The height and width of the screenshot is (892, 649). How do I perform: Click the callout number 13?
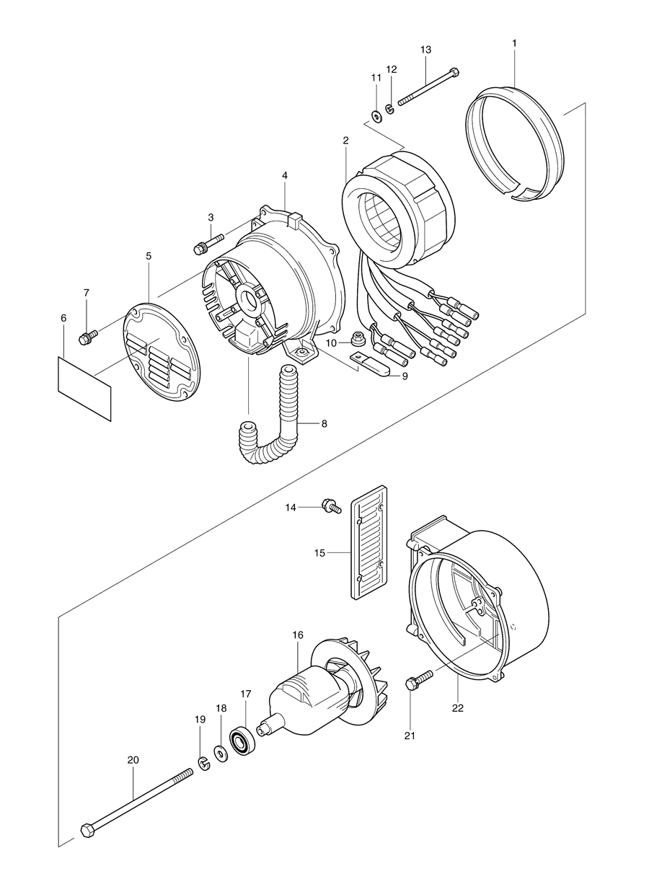425,49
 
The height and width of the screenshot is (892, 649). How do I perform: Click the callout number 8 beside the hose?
324,423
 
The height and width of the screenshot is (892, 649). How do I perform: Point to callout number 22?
457,707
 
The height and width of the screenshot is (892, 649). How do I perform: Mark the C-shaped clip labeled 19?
204,761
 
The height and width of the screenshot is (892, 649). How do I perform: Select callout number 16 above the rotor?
298,635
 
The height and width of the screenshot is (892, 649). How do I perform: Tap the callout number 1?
514,43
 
